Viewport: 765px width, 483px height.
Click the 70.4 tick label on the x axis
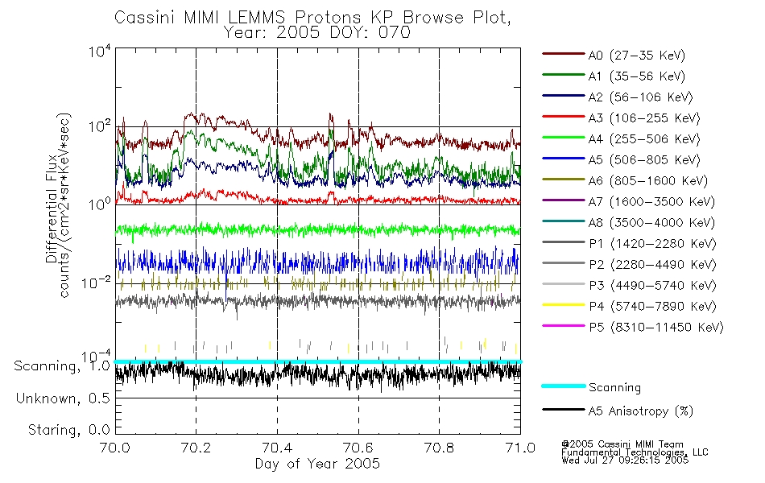[x=277, y=448]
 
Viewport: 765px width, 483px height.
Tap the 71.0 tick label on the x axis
[x=520, y=448]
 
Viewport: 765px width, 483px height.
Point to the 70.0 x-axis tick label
[x=115, y=448]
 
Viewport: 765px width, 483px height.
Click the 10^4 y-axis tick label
[x=100, y=51]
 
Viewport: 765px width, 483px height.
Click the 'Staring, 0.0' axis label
[x=68, y=430]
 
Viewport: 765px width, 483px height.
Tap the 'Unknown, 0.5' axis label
[x=63, y=398]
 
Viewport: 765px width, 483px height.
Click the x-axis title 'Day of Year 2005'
[x=317, y=464]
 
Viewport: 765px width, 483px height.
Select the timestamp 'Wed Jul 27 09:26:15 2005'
[x=625, y=460]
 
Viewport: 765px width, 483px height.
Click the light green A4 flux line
[x=318, y=229]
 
